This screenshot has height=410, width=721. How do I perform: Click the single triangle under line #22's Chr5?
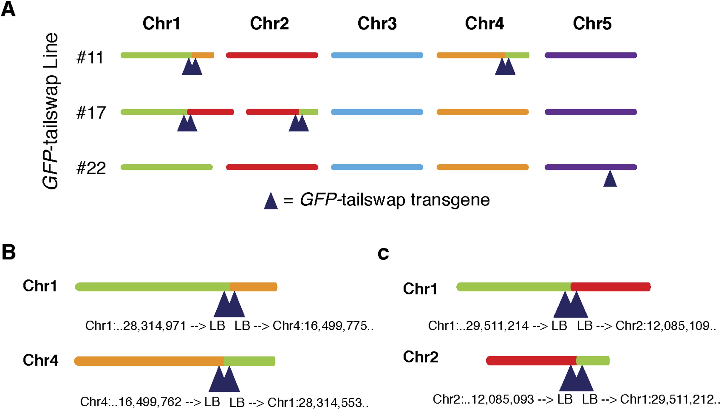tap(610, 179)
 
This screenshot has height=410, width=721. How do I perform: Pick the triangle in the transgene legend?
tap(271, 202)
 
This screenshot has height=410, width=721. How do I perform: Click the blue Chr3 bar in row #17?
tap(377, 112)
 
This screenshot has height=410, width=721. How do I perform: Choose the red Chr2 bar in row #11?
tap(272, 55)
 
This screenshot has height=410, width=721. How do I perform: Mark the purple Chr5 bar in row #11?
tap(591, 55)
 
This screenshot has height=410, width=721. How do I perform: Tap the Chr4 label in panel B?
tap(40, 360)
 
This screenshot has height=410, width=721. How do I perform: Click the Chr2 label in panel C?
tap(421, 357)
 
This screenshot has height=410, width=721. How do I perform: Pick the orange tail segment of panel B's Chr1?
tap(253, 287)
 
